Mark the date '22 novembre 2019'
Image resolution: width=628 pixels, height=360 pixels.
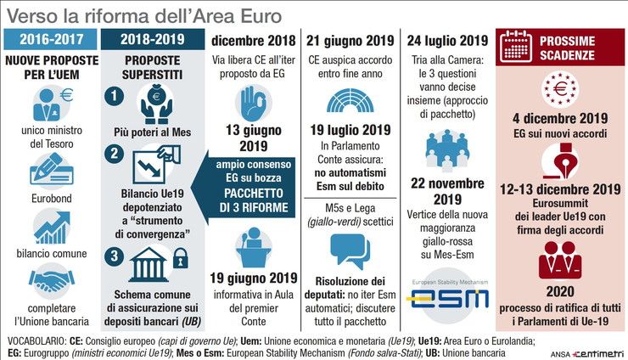(447, 191)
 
